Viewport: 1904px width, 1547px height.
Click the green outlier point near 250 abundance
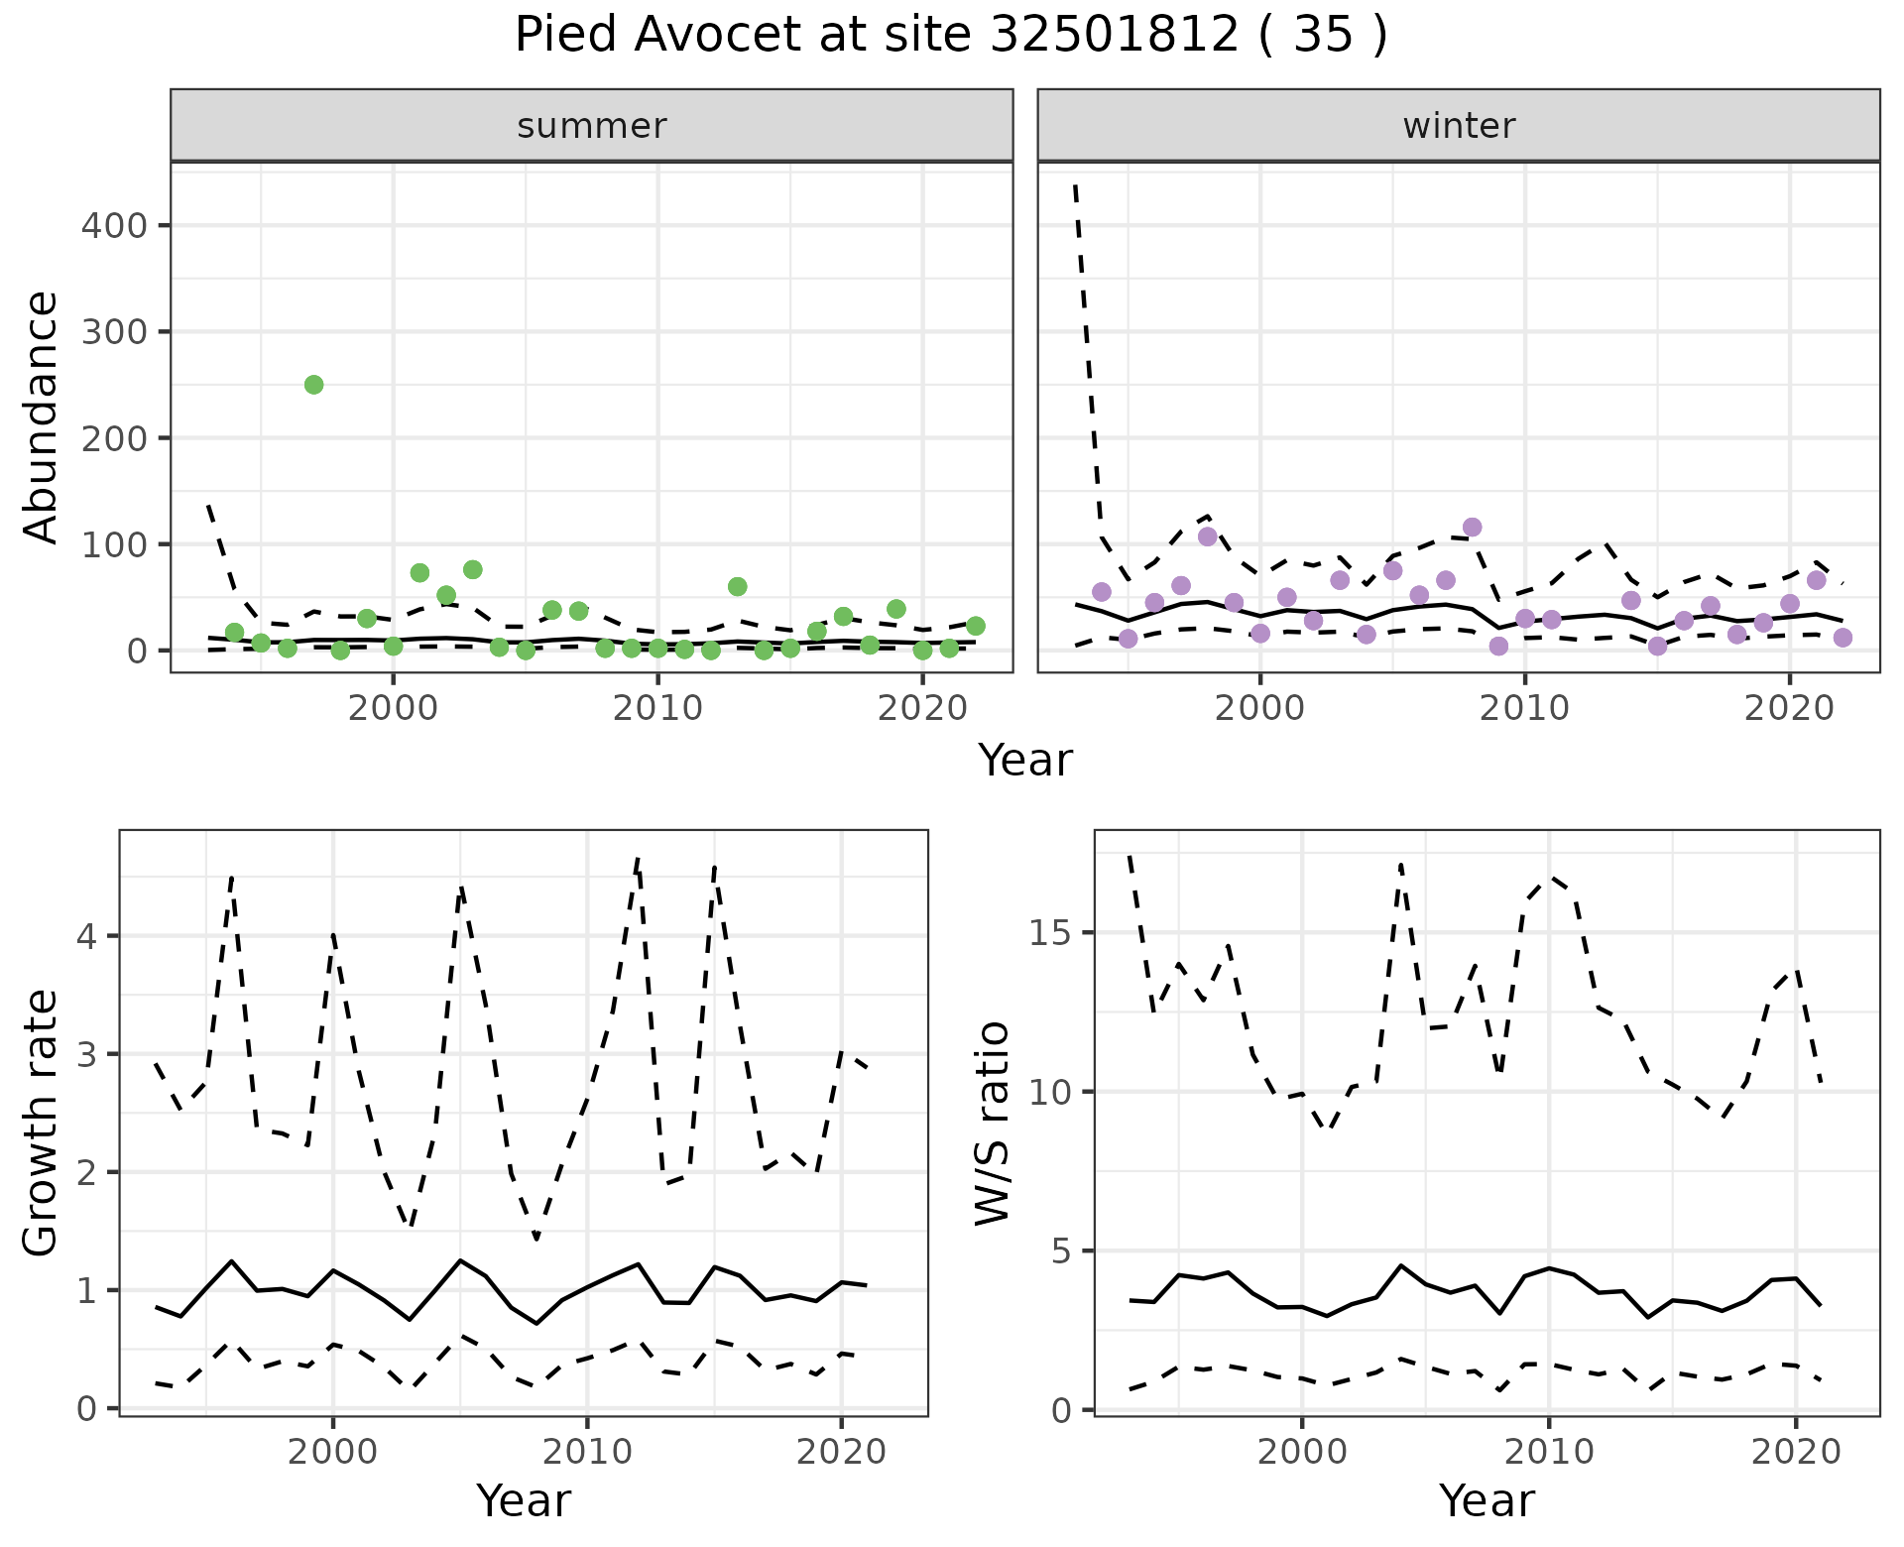[x=313, y=385]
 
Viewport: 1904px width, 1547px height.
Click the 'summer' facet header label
[x=592, y=126]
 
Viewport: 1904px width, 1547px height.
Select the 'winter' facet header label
[x=1459, y=126]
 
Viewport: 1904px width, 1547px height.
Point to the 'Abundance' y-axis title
[x=42, y=416]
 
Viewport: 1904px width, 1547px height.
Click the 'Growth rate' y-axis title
[x=42, y=1124]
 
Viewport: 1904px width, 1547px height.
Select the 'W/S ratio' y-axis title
[x=992, y=1124]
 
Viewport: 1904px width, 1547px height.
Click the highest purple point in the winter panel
[x=1472, y=527]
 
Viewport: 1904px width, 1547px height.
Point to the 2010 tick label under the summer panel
[x=657, y=710]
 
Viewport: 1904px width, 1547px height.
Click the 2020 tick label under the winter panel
[x=1790, y=710]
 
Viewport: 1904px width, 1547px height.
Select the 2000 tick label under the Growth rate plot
[x=333, y=1453]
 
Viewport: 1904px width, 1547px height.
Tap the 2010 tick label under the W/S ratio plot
[x=1548, y=1453]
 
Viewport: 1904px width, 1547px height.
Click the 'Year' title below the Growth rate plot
[x=524, y=1501]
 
